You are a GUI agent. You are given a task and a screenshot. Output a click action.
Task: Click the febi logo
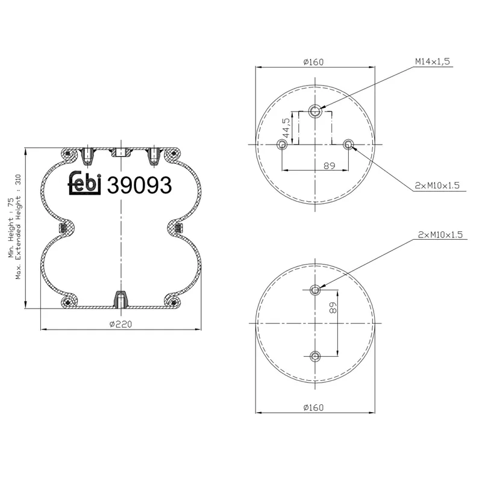point(84,184)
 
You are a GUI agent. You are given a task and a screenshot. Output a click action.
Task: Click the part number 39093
point(139,185)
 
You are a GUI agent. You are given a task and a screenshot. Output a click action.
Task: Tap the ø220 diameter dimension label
point(121,324)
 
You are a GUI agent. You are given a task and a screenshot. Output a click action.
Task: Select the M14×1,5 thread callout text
point(433,61)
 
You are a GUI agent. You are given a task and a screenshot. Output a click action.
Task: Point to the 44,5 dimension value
point(286,128)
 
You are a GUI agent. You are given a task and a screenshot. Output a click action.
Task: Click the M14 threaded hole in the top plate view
point(315,111)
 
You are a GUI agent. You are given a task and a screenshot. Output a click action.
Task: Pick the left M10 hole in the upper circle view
point(282,144)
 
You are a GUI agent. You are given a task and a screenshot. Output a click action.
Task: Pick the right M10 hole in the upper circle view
point(348,144)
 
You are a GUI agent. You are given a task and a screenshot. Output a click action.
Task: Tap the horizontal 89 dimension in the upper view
point(329,166)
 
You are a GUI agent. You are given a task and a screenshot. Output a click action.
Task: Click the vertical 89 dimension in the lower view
point(333,307)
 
